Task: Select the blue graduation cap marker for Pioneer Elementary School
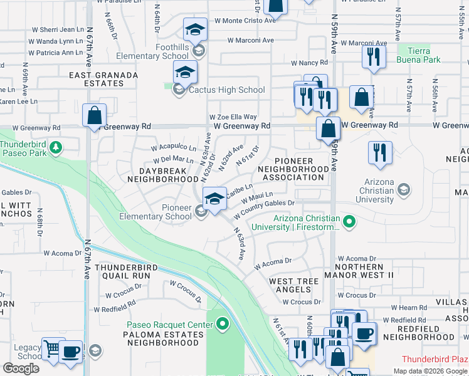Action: (214, 200)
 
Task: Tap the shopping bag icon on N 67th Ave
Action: (93, 116)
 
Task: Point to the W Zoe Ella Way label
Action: (233, 117)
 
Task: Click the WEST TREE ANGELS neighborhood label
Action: (294, 286)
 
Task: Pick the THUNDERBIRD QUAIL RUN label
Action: (122, 271)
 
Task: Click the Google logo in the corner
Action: (21, 368)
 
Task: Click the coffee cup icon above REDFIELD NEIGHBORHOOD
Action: (364, 333)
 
